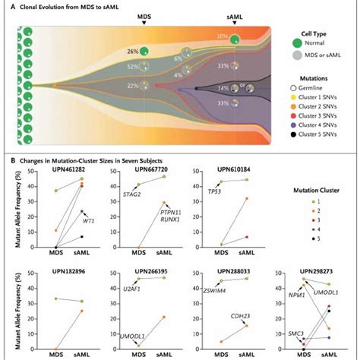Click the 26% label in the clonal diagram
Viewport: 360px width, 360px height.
[132, 51]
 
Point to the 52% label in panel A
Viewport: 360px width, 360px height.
[132, 68]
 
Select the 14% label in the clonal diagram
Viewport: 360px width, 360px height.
[223, 89]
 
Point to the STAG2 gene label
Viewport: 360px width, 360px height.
[131, 194]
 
